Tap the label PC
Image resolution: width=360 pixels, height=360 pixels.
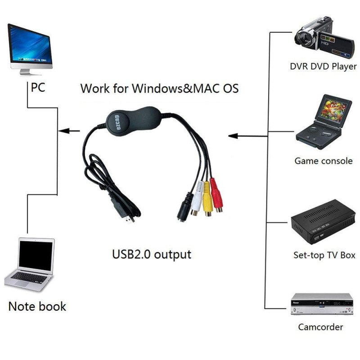38,87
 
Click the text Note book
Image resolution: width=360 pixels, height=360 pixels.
37,307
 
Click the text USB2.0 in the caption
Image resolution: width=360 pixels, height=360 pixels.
131,254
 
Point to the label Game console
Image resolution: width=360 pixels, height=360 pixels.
324,161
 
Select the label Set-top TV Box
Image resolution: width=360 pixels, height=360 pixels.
324,255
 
